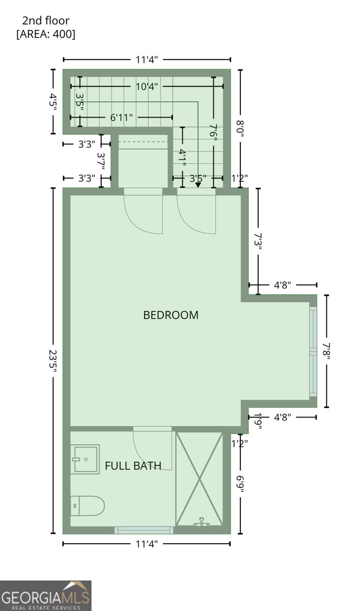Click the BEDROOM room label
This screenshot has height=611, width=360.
(171, 315)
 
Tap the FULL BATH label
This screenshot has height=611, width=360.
(133, 465)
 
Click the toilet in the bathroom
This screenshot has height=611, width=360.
(87, 506)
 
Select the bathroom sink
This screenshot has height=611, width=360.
(85, 459)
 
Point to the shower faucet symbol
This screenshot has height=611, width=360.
(201, 522)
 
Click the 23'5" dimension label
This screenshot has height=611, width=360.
(53, 361)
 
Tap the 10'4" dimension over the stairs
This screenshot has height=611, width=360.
(147, 87)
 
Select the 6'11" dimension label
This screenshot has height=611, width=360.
(121, 118)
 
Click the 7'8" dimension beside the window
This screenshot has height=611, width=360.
(326, 351)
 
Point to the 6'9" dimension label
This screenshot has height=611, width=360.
(240, 484)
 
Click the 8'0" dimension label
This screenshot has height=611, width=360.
(240, 128)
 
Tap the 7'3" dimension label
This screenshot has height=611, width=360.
(258, 242)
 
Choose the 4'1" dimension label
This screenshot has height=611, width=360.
(182, 158)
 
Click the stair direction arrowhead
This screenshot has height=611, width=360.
(198, 185)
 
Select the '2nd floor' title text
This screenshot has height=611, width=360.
(46, 20)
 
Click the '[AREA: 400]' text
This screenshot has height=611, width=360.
(46, 34)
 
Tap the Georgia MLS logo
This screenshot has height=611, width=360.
(45, 596)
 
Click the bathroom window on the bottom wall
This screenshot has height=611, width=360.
(144, 530)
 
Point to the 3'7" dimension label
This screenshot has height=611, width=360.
(101, 161)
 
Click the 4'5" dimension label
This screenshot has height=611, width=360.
(53, 101)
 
